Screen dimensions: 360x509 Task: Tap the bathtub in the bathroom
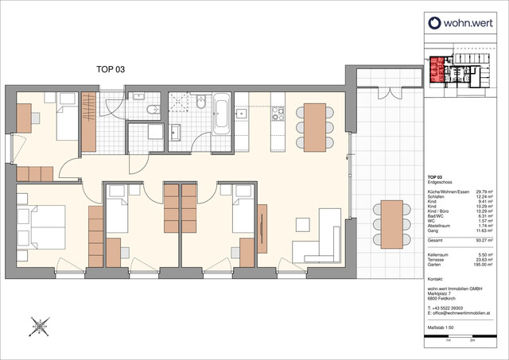pos(221,114)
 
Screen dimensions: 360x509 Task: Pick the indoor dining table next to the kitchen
pos(317,126)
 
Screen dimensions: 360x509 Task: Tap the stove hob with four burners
pos(278,118)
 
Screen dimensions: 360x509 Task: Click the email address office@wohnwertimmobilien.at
pos(465,313)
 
